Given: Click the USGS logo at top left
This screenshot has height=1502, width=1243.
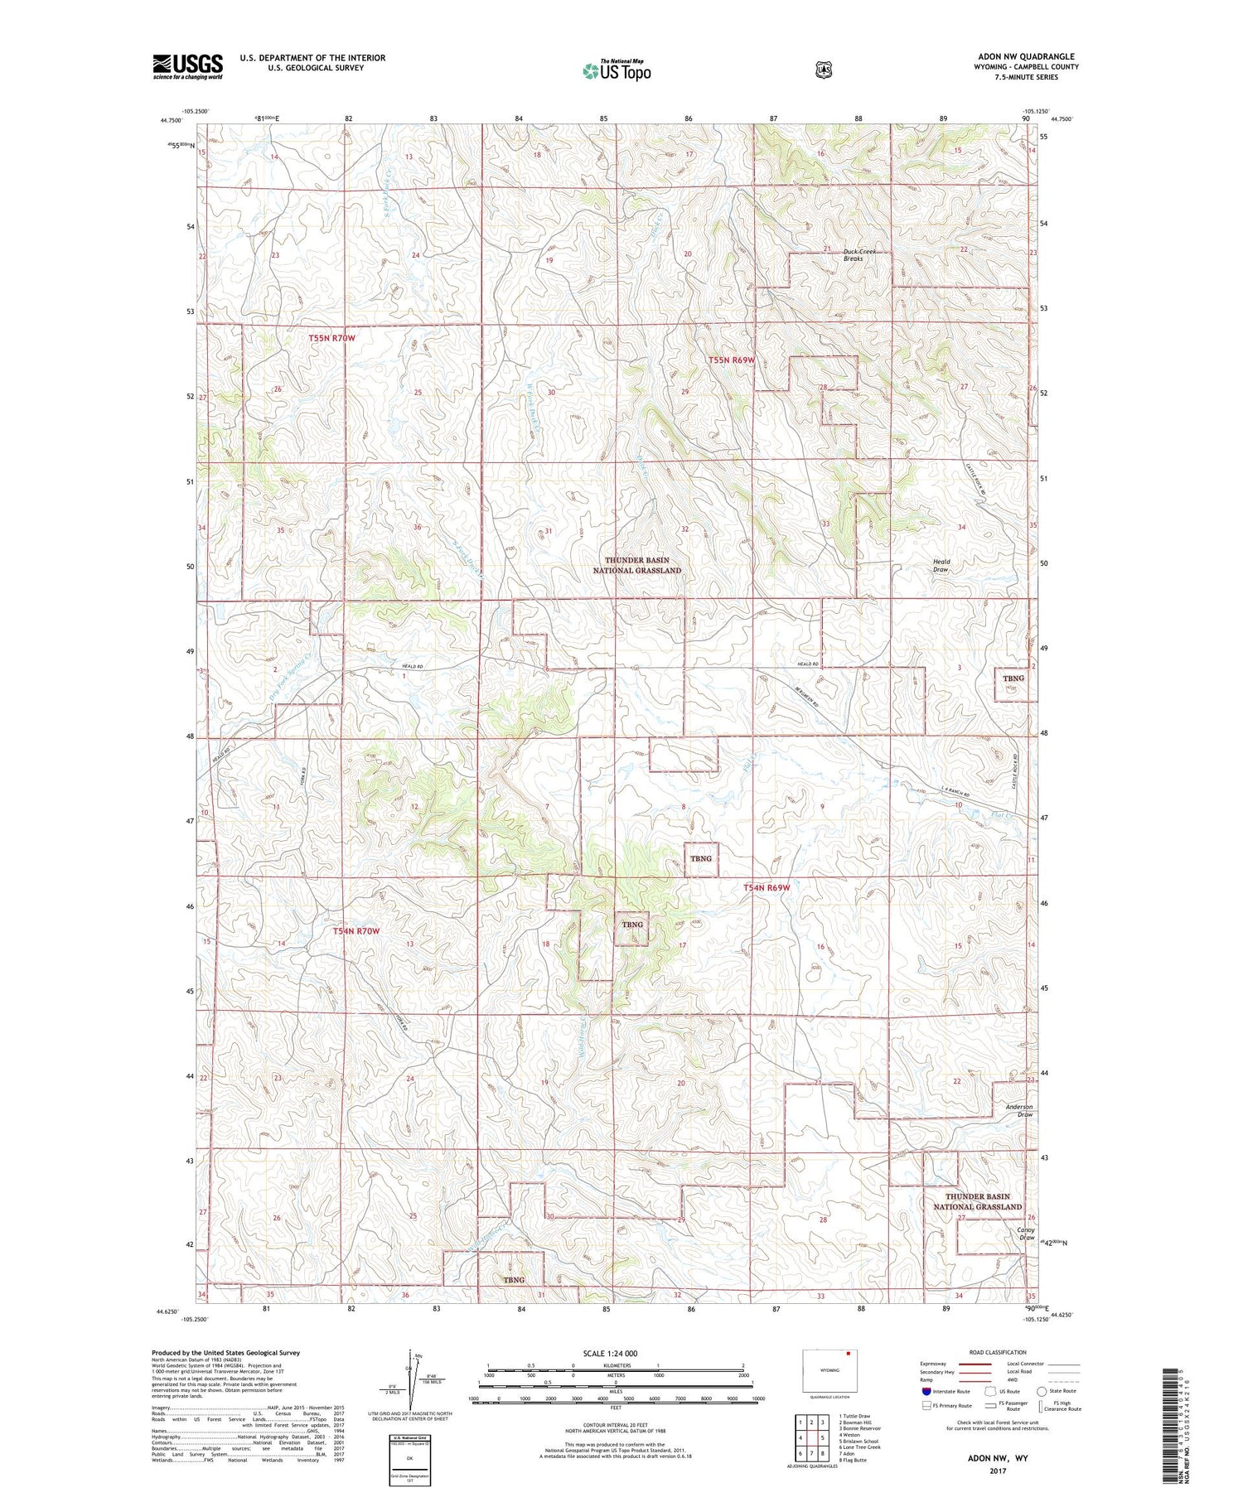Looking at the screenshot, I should pyautogui.click(x=187, y=66).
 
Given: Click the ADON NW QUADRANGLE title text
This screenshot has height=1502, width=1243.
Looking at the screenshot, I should pyautogui.click(x=1026, y=56).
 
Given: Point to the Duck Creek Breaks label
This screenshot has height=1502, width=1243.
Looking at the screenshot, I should pyautogui.click(x=858, y=254).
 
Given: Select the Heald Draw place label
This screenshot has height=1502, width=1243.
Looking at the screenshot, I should pyautogui.click(x=941, y=565).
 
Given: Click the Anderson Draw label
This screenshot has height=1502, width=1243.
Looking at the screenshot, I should pyautogui.click(x=1018, y=1110).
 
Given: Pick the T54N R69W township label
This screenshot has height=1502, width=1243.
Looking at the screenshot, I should pyautogui.click(x=766, y=887).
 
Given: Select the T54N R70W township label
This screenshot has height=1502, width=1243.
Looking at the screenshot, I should pyautogui.click(x=355, y=931).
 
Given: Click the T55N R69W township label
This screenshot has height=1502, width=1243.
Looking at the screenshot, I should pyautogui.click(x=732, y=360).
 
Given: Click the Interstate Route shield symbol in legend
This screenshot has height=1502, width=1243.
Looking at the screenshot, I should pyautogui.click(x=926, y=1391).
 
